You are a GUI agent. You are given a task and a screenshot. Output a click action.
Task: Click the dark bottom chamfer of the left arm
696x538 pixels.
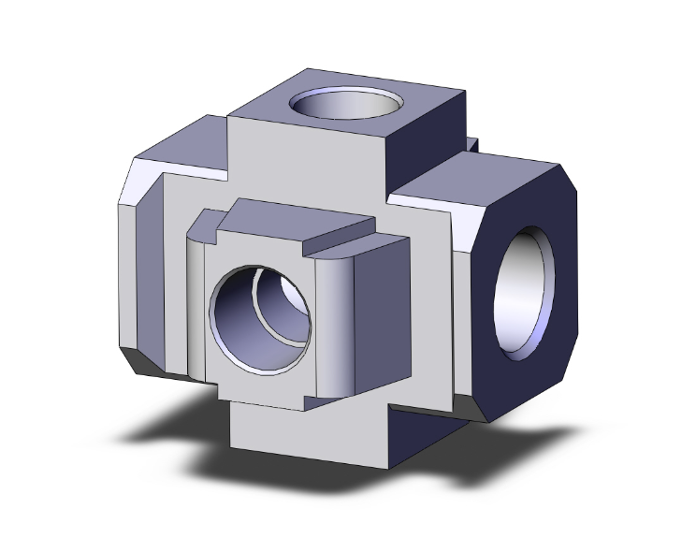(154, 366)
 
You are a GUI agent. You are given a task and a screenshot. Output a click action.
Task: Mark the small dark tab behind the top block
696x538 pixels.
(472, 144)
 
